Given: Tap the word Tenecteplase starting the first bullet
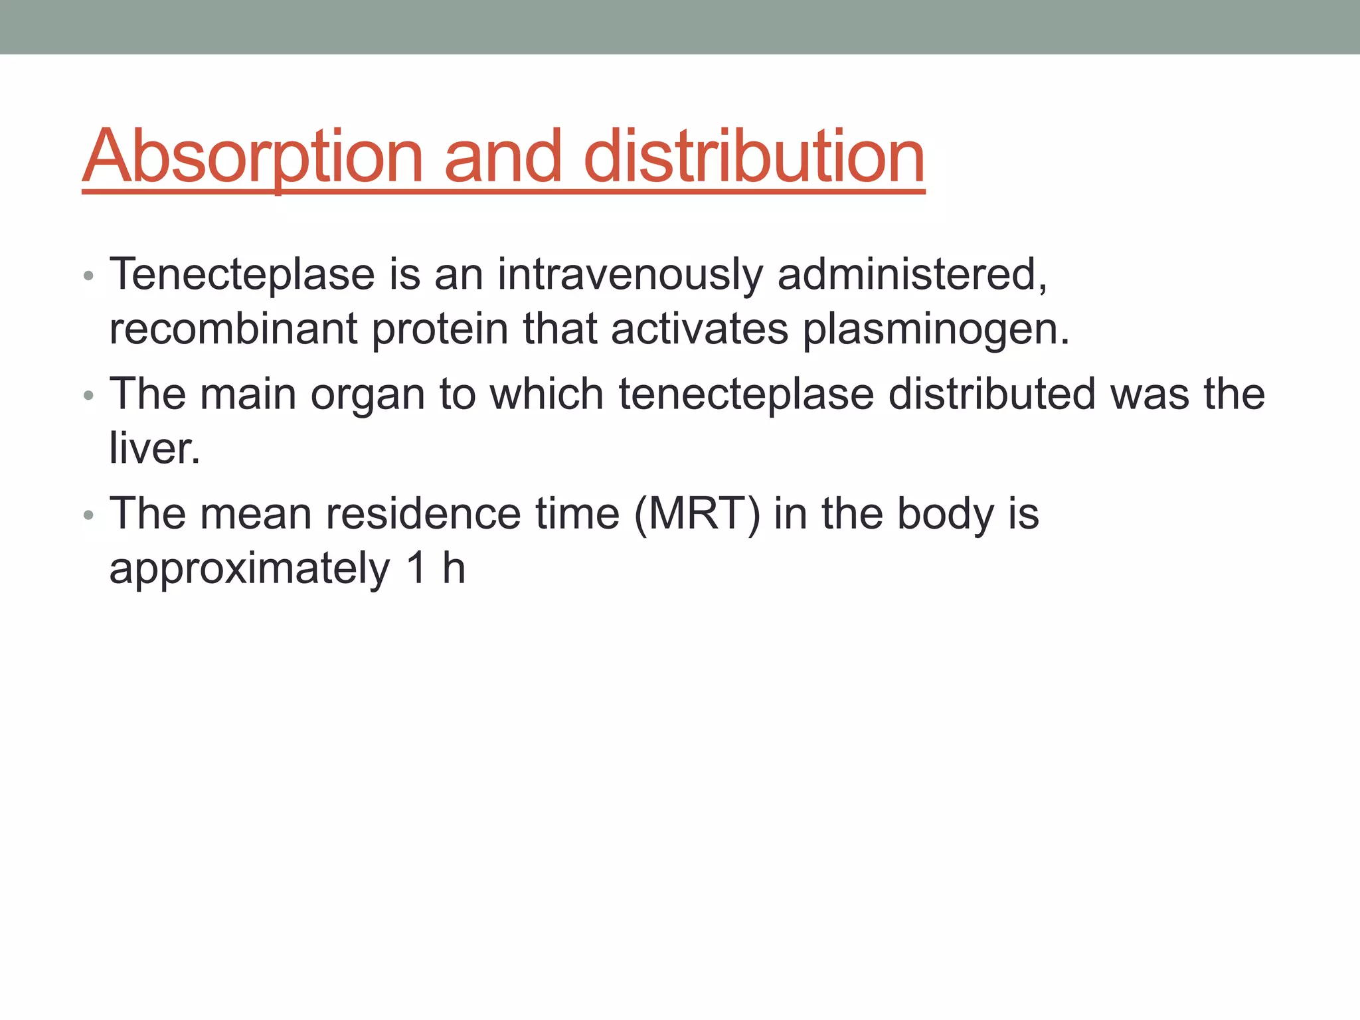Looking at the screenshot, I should tap(242, 274).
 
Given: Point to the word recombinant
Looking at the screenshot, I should tap(233, 329).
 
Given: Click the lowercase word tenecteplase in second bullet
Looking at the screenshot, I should tap(746, 394).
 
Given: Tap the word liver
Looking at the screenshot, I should tap(154, 448).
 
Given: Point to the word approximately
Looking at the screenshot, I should tap(250, 569).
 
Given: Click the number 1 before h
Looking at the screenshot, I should tap(416, 568).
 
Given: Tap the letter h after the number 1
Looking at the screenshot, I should tap(454, 568).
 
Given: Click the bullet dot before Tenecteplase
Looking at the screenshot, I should tap(89, 276).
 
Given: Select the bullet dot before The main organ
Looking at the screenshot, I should tap(89, 396).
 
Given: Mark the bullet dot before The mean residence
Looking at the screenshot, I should tap(89, 516).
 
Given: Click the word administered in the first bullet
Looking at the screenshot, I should tap(911, 274).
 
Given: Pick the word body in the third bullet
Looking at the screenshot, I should tap(946, 514).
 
